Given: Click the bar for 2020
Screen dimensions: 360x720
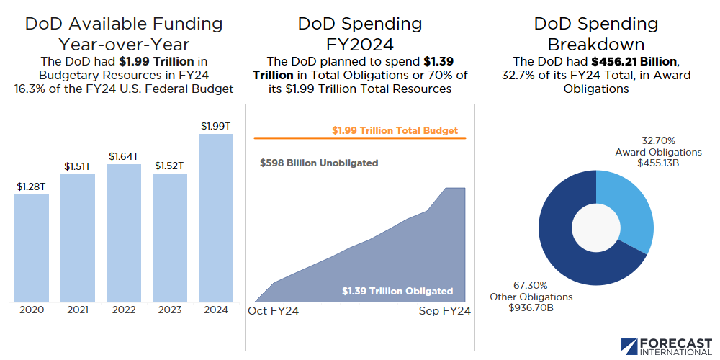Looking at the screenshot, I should (32, 248).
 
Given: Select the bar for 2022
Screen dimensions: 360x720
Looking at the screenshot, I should (124, 233).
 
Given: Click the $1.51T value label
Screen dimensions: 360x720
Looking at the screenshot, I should (78, 167).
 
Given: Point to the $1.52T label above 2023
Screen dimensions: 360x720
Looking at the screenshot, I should (170, 166).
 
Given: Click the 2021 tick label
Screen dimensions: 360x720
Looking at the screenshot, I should (78, 310).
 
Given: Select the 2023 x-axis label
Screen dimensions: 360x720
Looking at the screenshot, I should (170, 310).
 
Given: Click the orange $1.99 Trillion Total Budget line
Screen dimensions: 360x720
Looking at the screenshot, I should (360, 138).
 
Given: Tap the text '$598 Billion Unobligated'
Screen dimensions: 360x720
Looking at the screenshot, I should (319, 163).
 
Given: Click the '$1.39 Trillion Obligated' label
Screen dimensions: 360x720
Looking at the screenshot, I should (397, 292).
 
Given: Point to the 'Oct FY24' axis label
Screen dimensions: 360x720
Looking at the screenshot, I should (274, 311).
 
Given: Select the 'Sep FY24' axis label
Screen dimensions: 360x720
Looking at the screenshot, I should (445, 311).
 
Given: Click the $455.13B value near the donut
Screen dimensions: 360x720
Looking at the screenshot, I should (658, 163).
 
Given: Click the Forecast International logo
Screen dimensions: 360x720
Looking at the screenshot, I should (665, 346).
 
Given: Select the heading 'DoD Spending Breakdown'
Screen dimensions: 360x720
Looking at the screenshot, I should (596, 33).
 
